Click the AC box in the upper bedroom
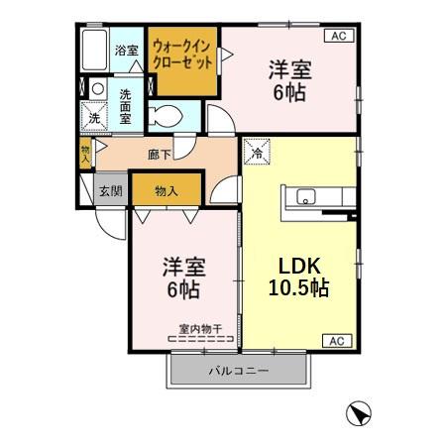click(336, 36)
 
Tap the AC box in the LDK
click(336, 341)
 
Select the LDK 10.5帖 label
click(297, 279)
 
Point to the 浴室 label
click(126, 50)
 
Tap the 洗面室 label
click(126, 106)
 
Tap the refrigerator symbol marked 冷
click(255, 152)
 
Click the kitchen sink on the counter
click(305, 195)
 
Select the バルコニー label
click(239, 372)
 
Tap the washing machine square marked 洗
click(92, 117)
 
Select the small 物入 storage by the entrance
click(86, 152)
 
